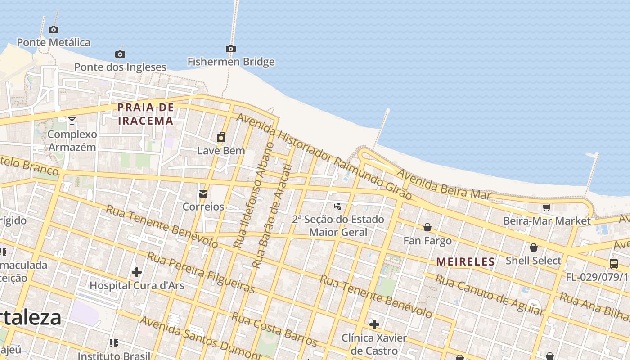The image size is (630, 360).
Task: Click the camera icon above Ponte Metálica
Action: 54,30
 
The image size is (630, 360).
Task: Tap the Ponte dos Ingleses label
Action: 120,67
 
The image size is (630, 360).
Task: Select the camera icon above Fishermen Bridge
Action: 231,49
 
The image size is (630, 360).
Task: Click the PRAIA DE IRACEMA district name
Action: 145,114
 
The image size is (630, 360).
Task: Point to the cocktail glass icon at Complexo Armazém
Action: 72,121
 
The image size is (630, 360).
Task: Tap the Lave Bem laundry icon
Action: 221,137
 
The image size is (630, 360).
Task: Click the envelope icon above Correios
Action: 203,194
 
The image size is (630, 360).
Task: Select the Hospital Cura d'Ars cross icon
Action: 137,272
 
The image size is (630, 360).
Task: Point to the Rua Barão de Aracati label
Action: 272,216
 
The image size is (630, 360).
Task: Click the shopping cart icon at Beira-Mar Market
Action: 547,207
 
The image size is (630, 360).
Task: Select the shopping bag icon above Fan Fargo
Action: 427,227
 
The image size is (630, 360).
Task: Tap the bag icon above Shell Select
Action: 534,247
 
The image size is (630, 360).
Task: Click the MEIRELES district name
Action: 465,261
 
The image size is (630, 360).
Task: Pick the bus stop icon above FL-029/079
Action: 614,264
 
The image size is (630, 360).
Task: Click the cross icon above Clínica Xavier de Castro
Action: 374,324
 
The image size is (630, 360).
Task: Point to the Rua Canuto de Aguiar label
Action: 490,295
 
